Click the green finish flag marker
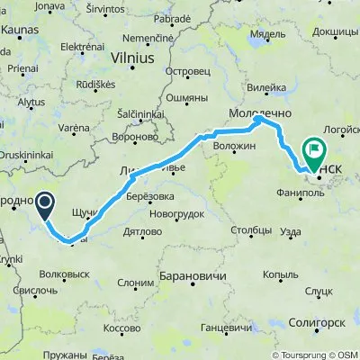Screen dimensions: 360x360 316,151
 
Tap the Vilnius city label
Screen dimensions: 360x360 132,56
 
